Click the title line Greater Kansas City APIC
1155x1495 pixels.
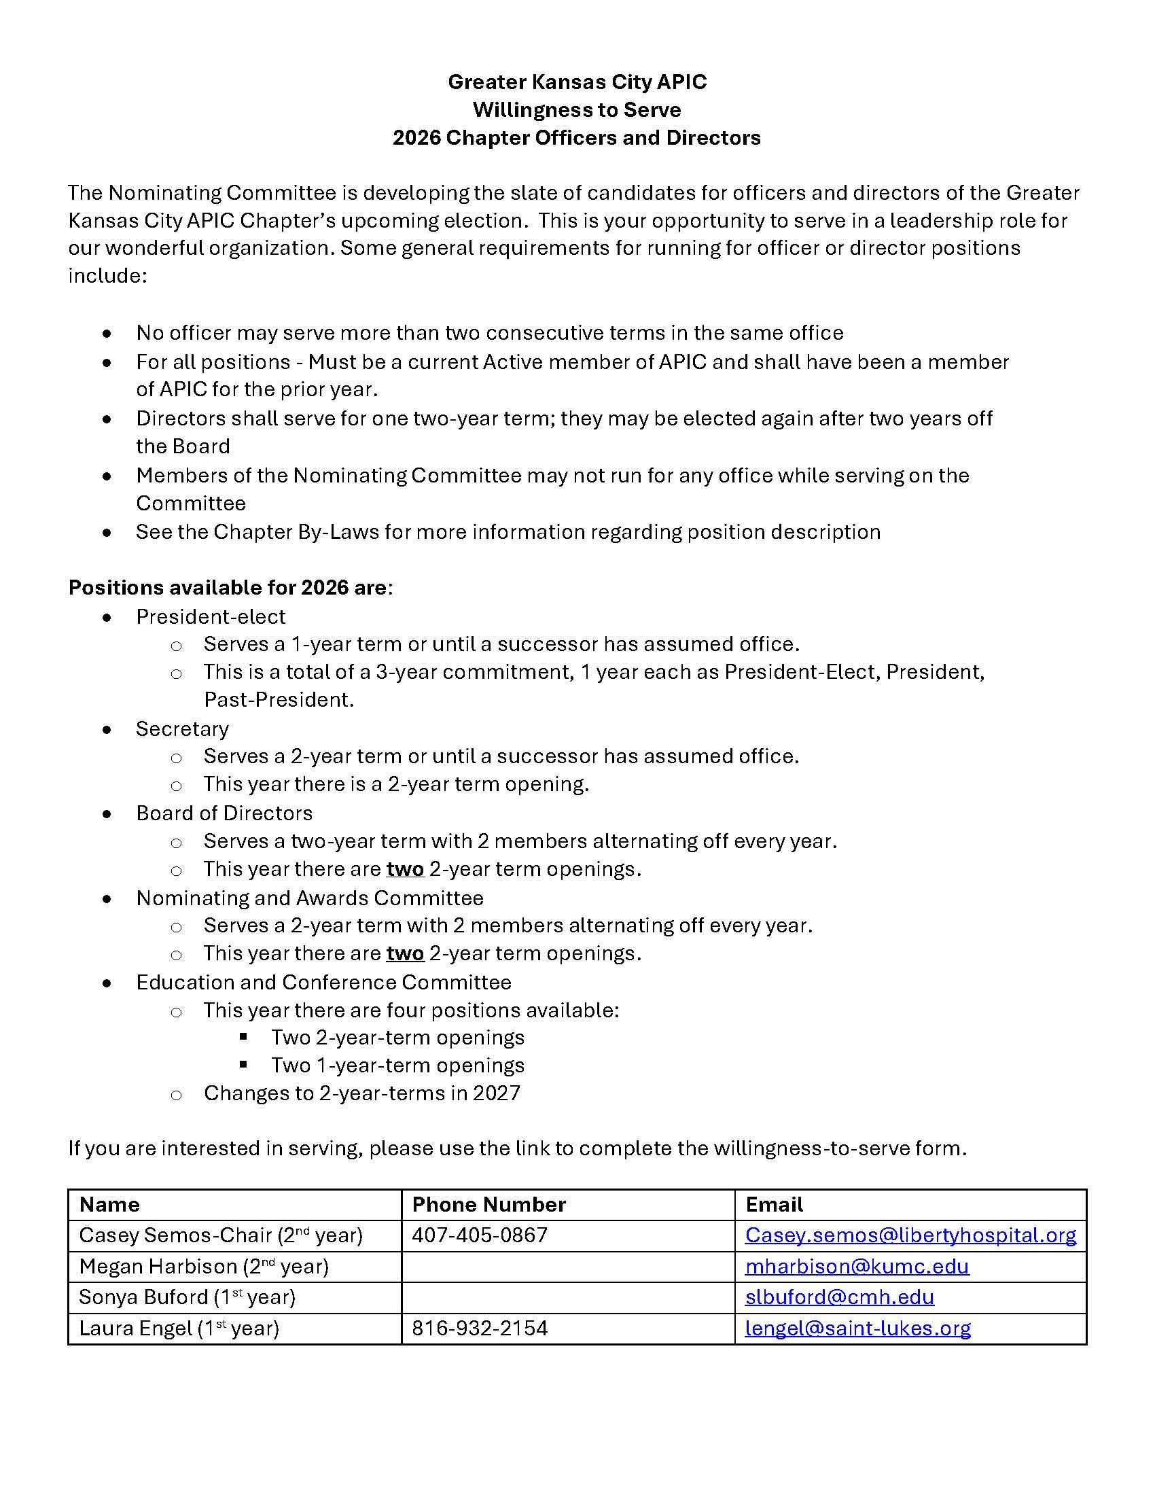point(577,82)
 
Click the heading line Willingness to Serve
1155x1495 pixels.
point(577,110)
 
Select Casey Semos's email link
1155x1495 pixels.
point(910,1235)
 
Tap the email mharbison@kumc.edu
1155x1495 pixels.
point(857,1267)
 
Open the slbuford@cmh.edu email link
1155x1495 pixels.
point(839,1297)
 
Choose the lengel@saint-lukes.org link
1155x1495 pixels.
point(857,1328)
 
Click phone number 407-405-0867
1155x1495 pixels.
point(480,1235)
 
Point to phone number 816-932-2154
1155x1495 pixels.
point(480,1328)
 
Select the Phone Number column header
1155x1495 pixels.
point(488,1204)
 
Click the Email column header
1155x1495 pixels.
point(774,1204)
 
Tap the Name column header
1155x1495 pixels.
point(109,1204)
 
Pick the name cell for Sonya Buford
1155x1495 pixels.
point(187,1297)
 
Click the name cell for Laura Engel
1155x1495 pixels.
point(179,1328)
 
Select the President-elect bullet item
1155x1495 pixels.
point(210,617)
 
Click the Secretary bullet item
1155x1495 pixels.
point(182,729)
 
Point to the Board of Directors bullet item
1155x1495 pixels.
point(224,813)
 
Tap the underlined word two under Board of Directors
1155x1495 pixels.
point(405,869)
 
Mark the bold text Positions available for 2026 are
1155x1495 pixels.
point(227,588)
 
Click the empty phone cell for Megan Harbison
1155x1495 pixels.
point(567,1267)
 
